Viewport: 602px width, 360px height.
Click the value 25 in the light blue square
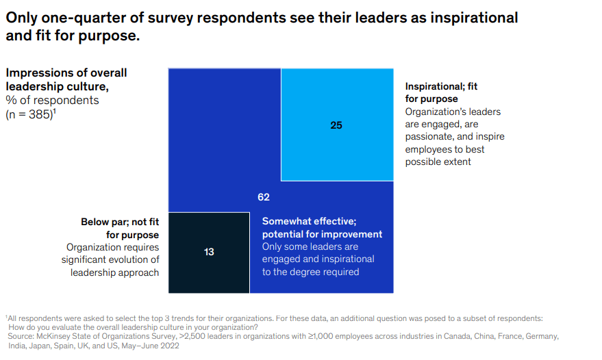point(336,125)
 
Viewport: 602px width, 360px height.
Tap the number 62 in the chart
point(264,197)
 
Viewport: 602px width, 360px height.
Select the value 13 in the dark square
point(209,252)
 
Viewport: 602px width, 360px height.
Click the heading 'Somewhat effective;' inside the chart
point(308,221)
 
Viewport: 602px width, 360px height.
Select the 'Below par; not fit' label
point(119,222)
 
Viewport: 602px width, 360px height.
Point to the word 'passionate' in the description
point(429,137)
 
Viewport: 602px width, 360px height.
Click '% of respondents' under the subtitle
point(52,101)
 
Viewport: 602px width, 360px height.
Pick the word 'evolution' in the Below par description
point(137,259)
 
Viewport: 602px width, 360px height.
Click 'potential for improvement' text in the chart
point(322,234)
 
